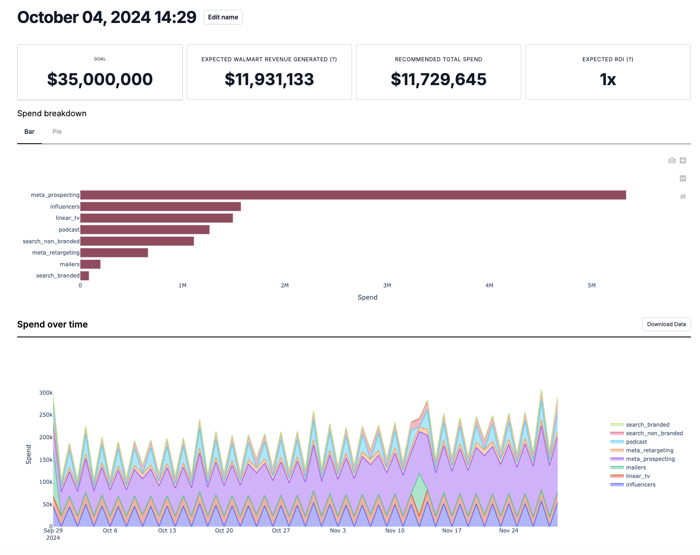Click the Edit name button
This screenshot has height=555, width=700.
click(223, 17)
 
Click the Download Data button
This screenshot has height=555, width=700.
click(666, 324)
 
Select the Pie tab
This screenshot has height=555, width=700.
click(57, 132)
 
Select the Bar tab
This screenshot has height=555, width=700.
click(29, 132)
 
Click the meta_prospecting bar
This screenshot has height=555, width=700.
click(353, 195)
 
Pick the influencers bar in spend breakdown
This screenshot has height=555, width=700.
click(160, 207)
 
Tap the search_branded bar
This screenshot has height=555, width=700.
click(85, 276)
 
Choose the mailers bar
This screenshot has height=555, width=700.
click(90, 264)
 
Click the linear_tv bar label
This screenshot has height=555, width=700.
click(68, 218)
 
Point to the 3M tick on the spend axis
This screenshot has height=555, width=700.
click(387, 286)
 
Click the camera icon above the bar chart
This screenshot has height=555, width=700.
click(672, 160)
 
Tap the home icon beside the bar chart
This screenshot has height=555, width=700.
click(683, 196)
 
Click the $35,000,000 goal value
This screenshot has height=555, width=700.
click(100, 79)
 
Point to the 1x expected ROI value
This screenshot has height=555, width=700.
click(608, 79)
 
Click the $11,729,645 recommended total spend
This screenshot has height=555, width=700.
click(438, 79)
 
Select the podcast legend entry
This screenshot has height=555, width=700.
click(636, 442)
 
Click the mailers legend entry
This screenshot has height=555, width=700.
click(636, 468)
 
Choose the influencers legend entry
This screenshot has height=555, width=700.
click(641, 485)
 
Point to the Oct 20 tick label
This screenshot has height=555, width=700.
click(224, 531)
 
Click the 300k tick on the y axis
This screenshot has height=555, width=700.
click(46, 393)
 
